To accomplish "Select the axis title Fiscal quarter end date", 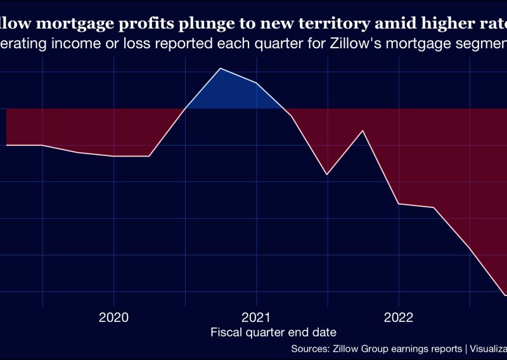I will pos(273,332).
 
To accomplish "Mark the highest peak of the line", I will pos(221,68).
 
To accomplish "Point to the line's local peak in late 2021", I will pos(363,131).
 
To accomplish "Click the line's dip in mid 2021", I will pos(327,174).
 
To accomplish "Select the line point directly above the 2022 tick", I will pos(399,204).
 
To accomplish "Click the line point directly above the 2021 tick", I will pos(257,83).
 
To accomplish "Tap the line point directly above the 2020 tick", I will pos(114,156).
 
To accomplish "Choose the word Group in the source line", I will pos(373,349).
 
